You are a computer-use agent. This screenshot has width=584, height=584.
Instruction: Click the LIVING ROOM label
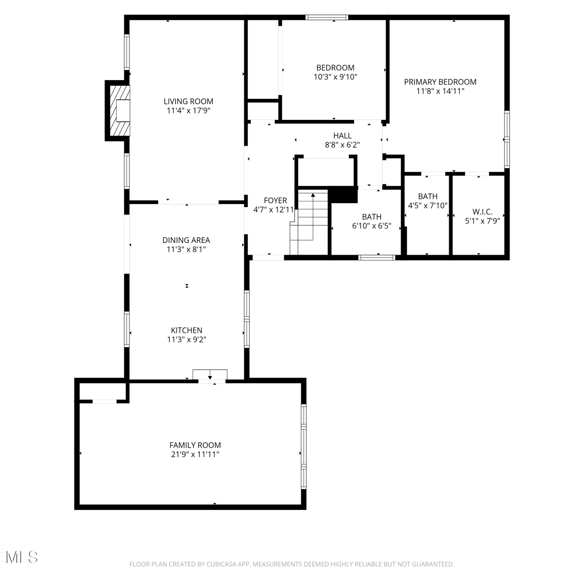coord(188,101)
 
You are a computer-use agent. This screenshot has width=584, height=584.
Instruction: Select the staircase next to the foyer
coord(309,222)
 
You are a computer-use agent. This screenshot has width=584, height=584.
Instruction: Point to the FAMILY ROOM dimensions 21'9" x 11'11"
coord(195,454)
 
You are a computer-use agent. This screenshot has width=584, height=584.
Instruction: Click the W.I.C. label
coord(482,212)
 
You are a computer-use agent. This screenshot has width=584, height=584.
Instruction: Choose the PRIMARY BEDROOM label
coord(440,82)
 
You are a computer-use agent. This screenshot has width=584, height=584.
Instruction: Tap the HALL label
coord(343,135)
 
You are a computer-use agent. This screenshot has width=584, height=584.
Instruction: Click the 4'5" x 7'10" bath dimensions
coord(428,206)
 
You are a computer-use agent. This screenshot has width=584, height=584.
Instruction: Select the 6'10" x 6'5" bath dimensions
coord(372,226)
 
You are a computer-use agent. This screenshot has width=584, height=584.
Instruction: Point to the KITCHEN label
coord(186,330)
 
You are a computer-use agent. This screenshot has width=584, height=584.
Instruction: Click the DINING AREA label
coord(186,240)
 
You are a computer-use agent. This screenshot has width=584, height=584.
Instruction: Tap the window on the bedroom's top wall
coord(327,17)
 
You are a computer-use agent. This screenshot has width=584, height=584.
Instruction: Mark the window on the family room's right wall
coord(304,447)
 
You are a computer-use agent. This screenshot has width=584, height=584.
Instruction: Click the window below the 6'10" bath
coord(377,257)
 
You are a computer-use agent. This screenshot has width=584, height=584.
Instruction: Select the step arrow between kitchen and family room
coord(210,375)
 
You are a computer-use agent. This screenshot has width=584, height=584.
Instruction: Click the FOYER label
coord(275,201)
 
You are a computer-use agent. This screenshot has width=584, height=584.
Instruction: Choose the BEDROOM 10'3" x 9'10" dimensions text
coord(336,77)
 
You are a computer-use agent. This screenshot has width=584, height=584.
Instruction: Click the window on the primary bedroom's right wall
coord(507,139)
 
